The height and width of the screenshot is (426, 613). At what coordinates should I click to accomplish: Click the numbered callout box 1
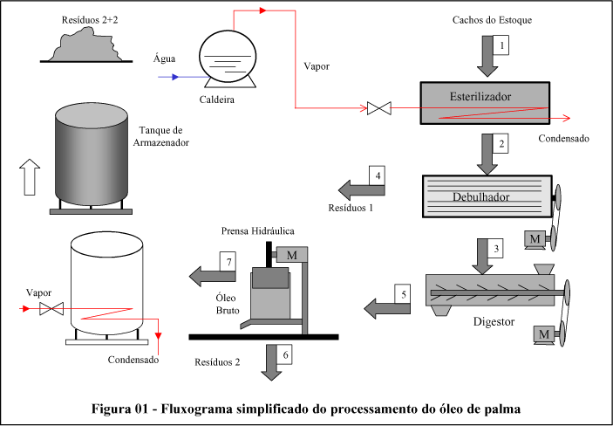coord(500,43)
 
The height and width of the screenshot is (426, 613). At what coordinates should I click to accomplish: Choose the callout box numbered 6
coord(285,353)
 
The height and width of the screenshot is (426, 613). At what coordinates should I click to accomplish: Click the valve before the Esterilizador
coord(378,109)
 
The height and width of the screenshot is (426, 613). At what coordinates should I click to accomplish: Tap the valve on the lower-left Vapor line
coord(58,308)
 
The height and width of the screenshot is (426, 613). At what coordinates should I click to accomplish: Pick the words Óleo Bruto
coord(228,303)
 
